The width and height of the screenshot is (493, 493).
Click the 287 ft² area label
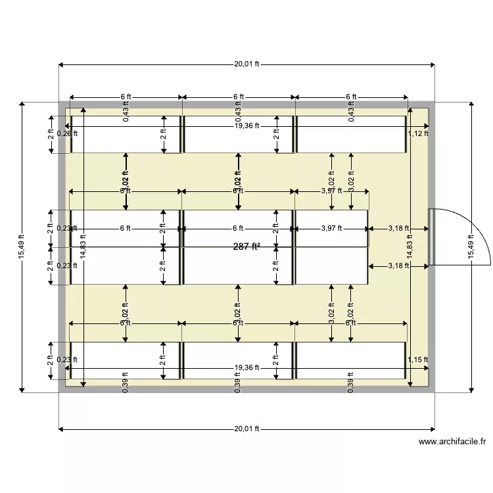(246, 246)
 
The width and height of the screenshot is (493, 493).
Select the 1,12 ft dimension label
(418, 133)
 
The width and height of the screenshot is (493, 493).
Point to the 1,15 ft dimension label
(418, 360)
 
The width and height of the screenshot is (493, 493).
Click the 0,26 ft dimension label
(67, 133)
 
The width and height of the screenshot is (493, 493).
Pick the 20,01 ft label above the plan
(246, 64)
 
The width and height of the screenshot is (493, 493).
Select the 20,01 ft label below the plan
(246, 429)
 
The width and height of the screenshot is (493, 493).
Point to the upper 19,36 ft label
(246, 126)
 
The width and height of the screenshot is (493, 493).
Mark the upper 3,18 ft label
(399, 229)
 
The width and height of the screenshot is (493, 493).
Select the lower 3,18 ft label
(399, 266)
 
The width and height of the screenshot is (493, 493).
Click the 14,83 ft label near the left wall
(83, 246)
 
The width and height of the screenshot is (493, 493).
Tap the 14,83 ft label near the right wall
(410, 246)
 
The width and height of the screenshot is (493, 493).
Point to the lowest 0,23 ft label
(67, 360)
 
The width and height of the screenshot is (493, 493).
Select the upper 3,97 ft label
(332, 191)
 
